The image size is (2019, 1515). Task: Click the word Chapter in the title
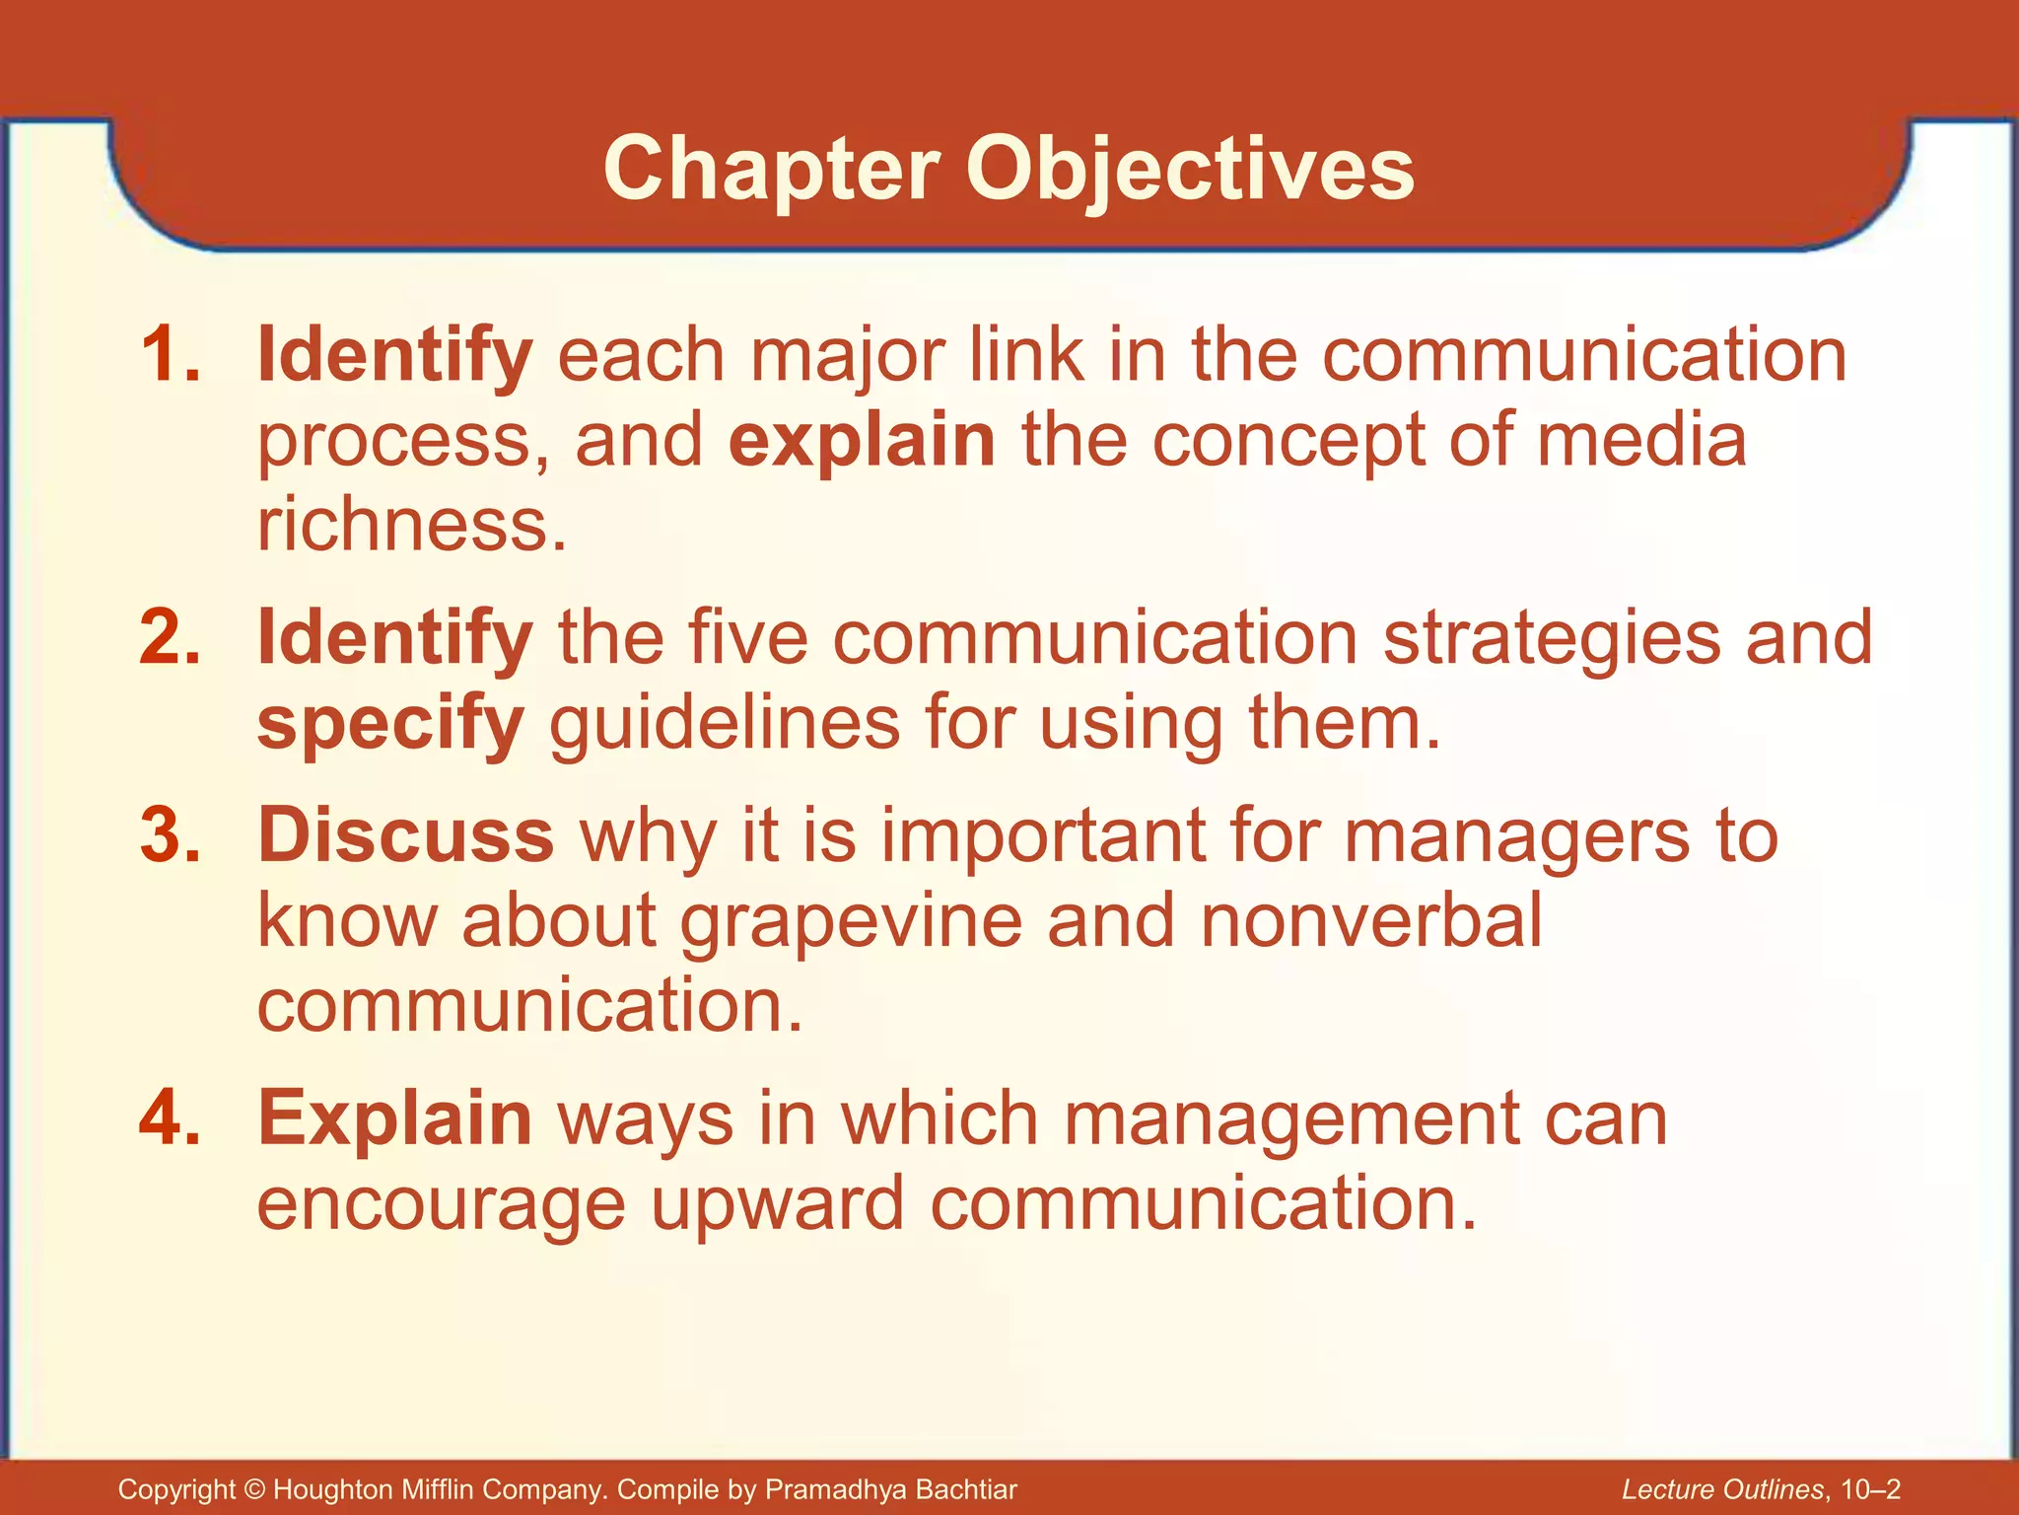[x=771, y=170]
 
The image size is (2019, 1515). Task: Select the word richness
[x=412, y=525]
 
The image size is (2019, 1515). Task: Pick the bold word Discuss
[x=405, y=835]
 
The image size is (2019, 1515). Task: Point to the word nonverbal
[x=1371, y=920]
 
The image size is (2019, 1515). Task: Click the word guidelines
[x=725, y=723]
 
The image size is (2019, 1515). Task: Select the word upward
[x=778, y=1204]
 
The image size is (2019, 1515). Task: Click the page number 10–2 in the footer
[x=1870, y=1489]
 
